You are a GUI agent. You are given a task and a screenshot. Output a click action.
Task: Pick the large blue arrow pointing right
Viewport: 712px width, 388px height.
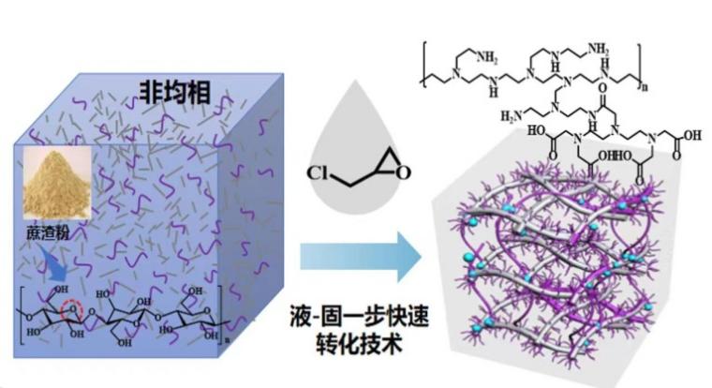point(353,260)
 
